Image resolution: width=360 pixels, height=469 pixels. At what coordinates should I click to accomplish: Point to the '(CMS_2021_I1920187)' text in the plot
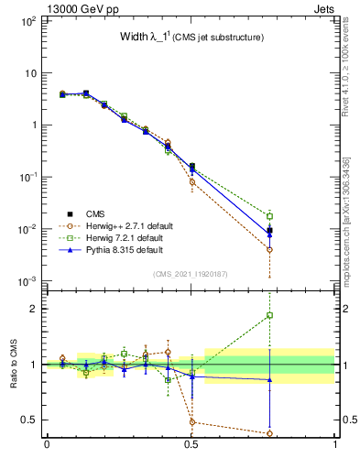[x=191, y=274]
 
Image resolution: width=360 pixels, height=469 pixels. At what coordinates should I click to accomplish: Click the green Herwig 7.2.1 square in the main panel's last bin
[x=269, y=216]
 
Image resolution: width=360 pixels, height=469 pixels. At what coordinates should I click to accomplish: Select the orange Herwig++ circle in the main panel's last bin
[x=269, y=249]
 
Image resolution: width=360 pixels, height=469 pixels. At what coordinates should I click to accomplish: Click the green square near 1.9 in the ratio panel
[x=269, y=315]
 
